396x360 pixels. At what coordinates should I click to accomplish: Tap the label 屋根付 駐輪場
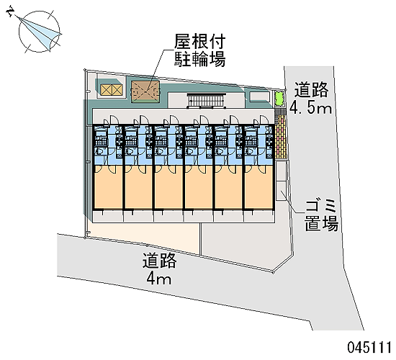coord(199,50)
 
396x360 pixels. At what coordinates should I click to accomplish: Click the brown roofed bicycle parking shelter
coord(145,92)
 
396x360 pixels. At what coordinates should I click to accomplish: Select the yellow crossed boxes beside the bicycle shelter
coord(111,90)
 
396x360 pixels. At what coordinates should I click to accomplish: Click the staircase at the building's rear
coord(206,100)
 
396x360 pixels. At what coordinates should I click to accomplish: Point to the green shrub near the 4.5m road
coord(279,99)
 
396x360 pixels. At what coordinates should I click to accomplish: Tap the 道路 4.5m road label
coord(310,99)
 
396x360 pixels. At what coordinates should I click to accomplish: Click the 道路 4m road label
coord(159,269)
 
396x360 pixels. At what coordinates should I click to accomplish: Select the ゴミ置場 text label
coord(321,215)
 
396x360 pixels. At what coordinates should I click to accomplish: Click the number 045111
coord(369,347)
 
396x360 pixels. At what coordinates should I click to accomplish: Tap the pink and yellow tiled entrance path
coord(282,138)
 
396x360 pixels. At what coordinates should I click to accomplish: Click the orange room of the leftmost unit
coord(108,187)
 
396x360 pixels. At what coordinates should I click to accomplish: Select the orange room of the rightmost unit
coord(258,187)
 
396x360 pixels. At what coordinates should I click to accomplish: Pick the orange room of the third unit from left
coord(168,187)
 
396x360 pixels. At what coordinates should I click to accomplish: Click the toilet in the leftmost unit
coord(99,151)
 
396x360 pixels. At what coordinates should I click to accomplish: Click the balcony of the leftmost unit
coord(108,216)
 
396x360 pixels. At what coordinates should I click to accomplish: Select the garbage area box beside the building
coord(281,181)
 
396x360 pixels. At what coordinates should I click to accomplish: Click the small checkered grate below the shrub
coord(280,111)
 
